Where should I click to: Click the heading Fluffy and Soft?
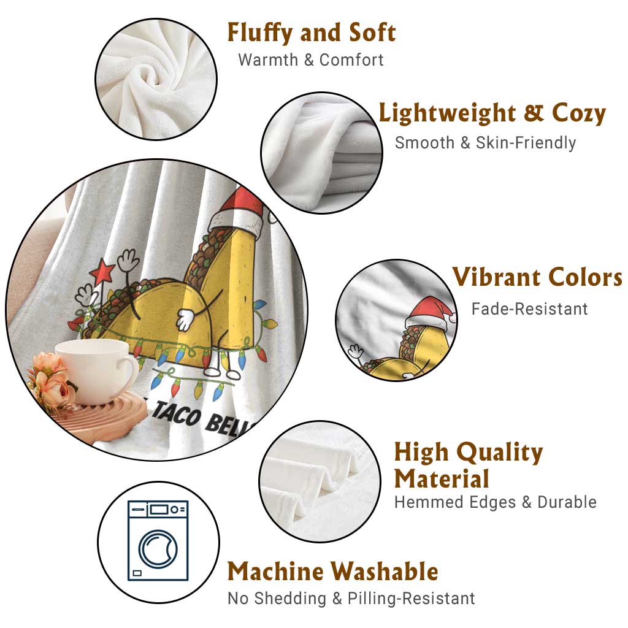coord(312,33)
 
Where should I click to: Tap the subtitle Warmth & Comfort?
coord(311,60)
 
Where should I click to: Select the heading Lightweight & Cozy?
coord(492,113)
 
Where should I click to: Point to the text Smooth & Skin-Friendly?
coord(486,142)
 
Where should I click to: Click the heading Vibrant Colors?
coord(537,277)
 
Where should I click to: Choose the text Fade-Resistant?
coord(529,309)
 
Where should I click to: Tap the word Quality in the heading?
coord(500,453)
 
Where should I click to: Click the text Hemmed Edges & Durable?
coord(496,502)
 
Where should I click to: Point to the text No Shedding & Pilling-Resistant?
coord(351,599)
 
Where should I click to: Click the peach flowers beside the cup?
coord(50,380)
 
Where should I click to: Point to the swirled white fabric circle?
coord(156,79)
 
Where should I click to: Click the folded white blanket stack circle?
coord(321,153)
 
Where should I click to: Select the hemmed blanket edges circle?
coord(320,481)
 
